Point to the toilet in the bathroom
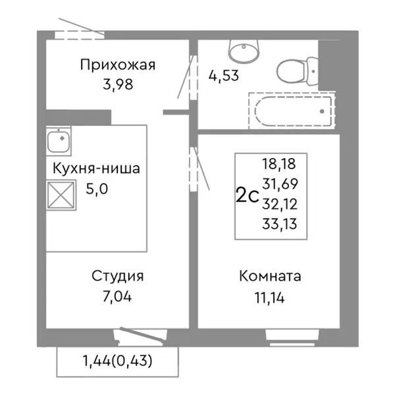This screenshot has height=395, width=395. (x=296, y=68)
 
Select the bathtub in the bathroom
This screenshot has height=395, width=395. (x=291, y=109)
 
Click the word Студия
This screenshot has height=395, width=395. (x=118, y=276)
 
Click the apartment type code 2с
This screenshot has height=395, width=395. (x=247, y=196)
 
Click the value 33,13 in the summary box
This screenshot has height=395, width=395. (x=278, y=224)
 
